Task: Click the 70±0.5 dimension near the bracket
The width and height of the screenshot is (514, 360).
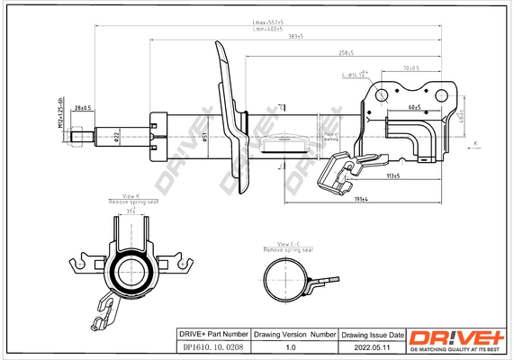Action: coord(412,67)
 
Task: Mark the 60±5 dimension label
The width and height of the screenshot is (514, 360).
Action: coord(415,106)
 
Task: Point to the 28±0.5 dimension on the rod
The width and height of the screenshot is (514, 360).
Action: coord(83,109)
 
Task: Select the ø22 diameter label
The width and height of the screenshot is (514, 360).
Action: coord(117,136)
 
